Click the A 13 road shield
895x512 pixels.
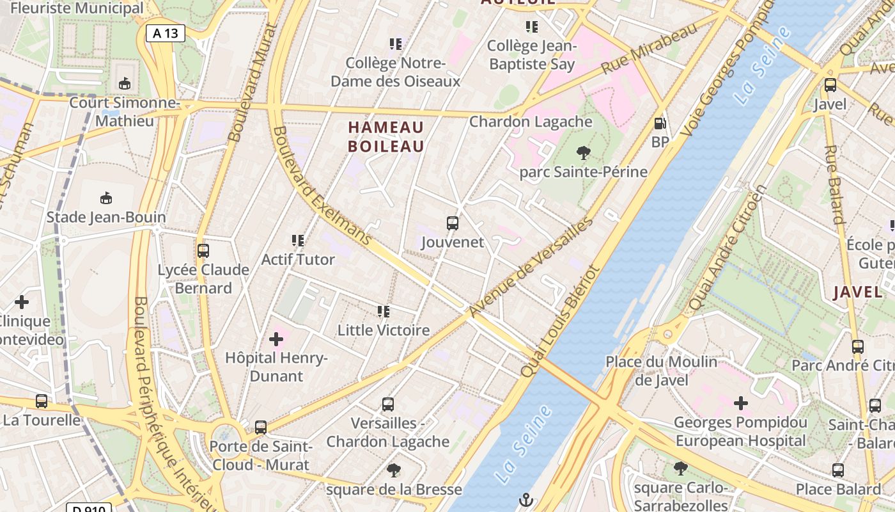tap(166, 33)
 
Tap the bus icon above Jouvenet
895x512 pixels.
tap(453, 223)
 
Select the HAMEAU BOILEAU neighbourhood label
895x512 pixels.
tap(386, 137)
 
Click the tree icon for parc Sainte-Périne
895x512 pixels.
tap(583, 153)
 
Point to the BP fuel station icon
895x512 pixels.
tap(660, 123)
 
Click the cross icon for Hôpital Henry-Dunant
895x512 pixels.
tap(276, 339)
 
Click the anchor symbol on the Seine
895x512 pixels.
tap(526, 499)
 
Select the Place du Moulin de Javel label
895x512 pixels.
tap(662, 371)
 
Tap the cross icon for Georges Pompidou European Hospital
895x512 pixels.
tap(741, 403)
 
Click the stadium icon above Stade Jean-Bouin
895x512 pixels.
tap(106, 198)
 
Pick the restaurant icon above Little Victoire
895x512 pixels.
tap(384, 312)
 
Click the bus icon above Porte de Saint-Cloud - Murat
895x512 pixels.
tap(261, 427)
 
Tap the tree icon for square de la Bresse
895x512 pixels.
tap(394, 471)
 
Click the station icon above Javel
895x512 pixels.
tap(830, 84)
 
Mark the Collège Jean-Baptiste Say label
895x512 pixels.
tap(531, 55)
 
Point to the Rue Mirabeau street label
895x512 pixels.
tap(648, 49)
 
